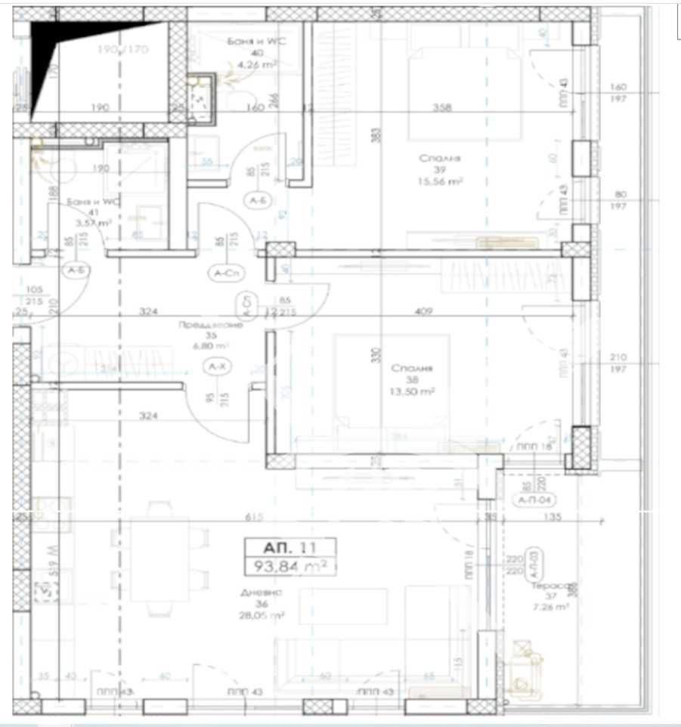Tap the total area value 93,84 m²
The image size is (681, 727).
(289, 566)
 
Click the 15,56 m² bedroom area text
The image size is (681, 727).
(441, 182)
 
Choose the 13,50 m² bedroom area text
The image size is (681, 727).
(412, 392)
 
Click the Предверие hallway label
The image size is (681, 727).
(211, 325)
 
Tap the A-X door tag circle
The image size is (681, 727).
(217, 367)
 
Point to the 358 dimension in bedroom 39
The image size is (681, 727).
(442, 108)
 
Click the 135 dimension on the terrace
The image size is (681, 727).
(553, 518)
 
